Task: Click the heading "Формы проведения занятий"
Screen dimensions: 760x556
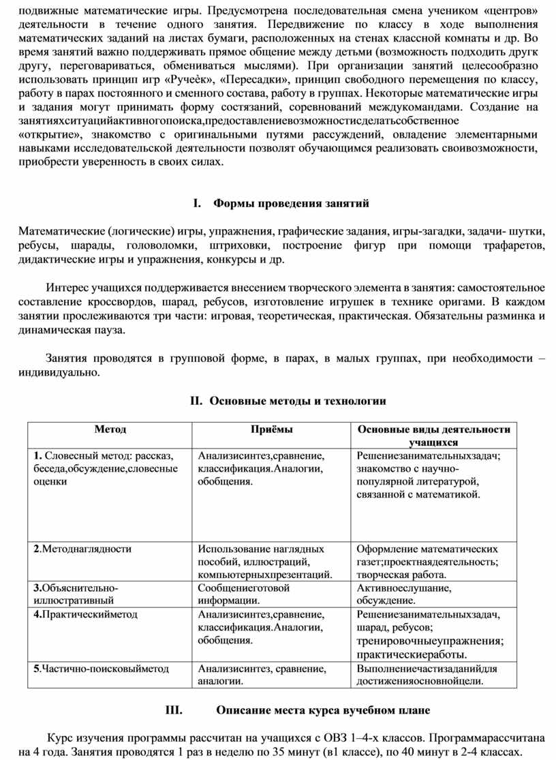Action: tap(291, 203)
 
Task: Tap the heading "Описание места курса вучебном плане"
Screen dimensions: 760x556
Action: tap(323, 710)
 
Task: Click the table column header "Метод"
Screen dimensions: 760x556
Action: tap(110, 429)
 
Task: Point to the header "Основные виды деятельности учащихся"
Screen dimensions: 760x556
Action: tap(434, 436)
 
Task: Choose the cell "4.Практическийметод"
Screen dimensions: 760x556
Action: tap(85, 614)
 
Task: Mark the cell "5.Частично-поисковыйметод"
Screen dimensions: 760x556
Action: tap(101, 669)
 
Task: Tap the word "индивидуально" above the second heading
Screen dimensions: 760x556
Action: tap(59, 373)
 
